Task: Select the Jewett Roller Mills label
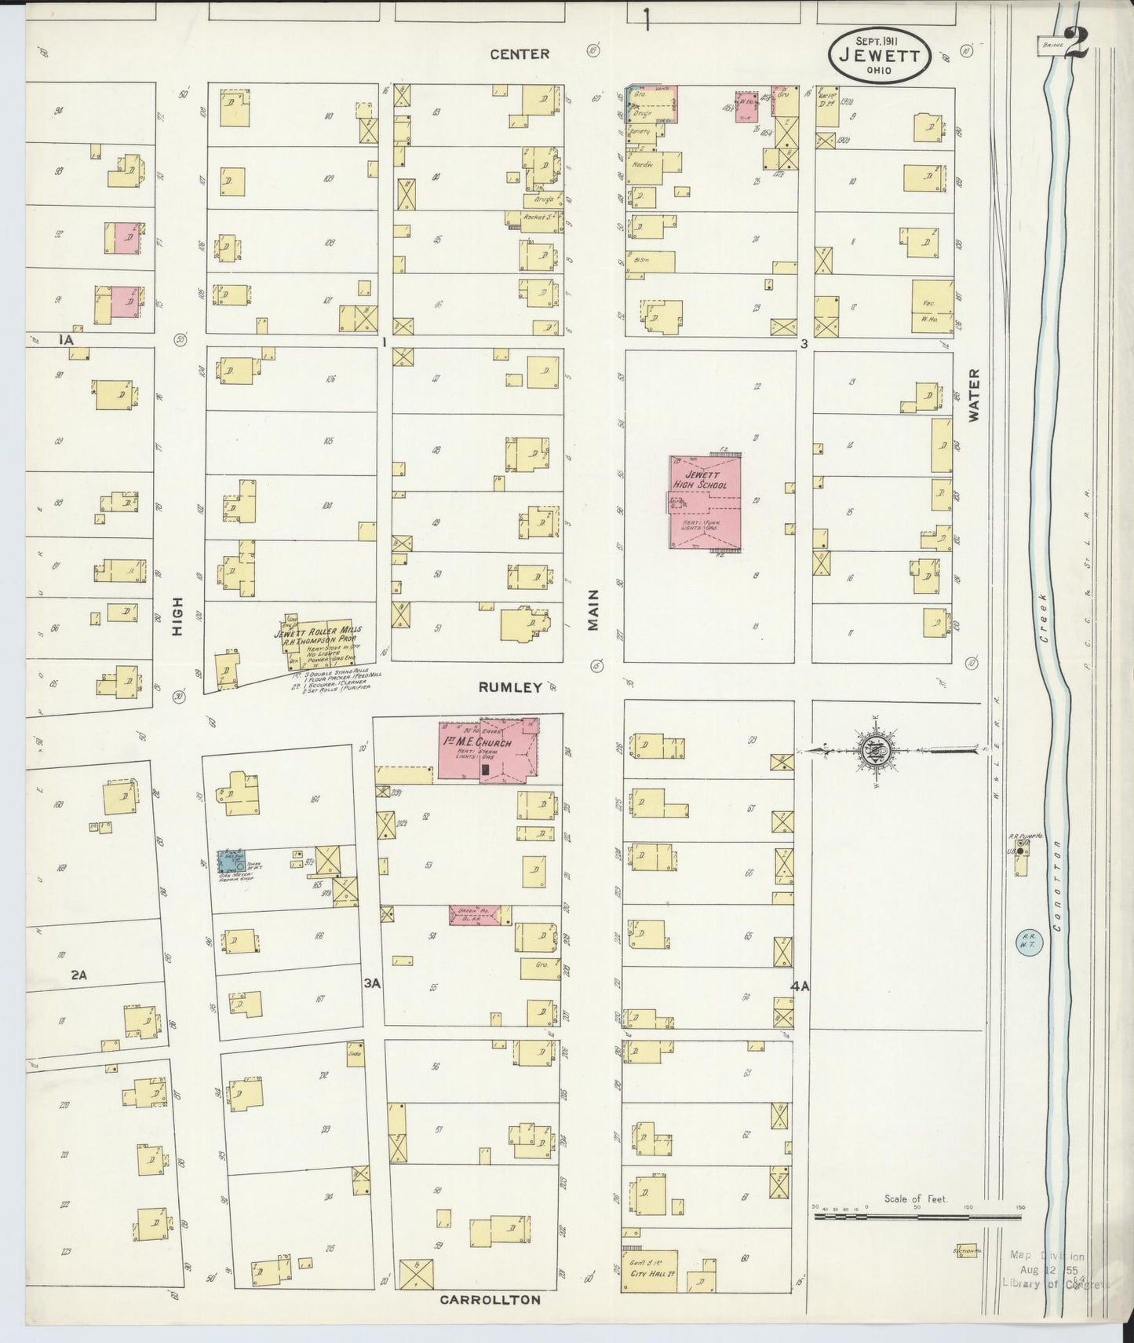point(317,633)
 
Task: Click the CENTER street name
point(520,53)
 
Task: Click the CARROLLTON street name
point(490,1300)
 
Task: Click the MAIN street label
point(593,609)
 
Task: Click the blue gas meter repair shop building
point(232,861)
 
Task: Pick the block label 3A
point(372,983)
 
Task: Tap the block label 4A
point(800,986)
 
